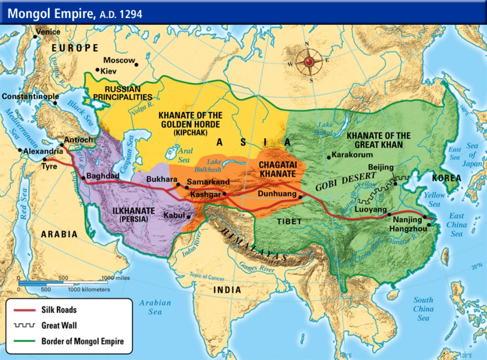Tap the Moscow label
pyautogui.click(x=118, y=60)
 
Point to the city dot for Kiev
pyautogui.click(x=97, y=71)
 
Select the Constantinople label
pyautogui.click(x=30, y=96)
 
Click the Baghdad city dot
pyautogui.click(x=83, y=178)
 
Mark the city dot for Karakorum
pyautogui.click(x=329, y=157)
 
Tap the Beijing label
pyautogui.click(x=380, y=168)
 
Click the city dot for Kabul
pyautogui.click(x=187, y=215)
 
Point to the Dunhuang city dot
pyautogui.click(x=301, y=197)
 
